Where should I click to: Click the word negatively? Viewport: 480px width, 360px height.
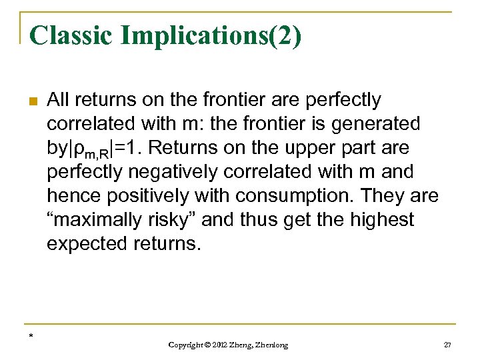[x=165, y=172]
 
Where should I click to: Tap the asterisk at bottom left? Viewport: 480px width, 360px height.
[x=31, y=335]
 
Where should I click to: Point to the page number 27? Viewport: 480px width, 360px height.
[x=447, y=345]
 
